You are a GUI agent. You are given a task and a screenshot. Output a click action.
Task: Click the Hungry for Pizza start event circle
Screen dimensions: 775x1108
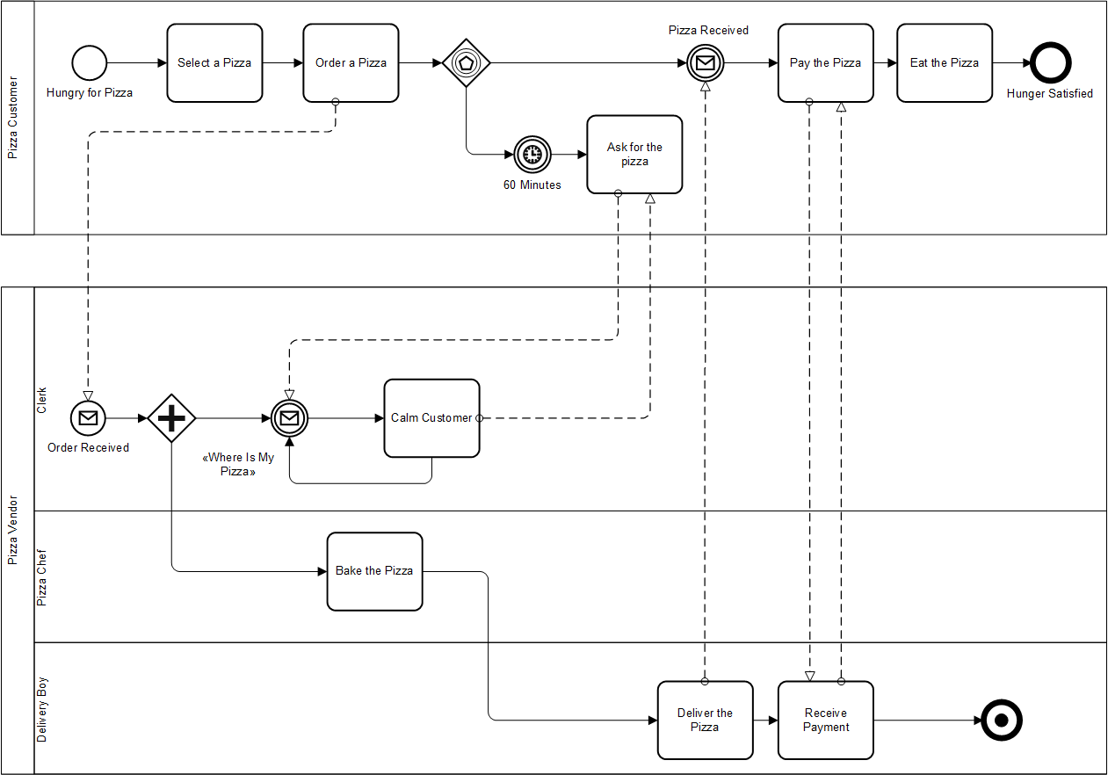click(x=89, y=63)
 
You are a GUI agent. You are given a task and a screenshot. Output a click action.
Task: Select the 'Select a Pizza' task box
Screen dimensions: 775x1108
click(x=214, y=63)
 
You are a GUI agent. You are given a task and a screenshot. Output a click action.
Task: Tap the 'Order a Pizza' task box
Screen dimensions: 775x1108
click(x=351, y=63)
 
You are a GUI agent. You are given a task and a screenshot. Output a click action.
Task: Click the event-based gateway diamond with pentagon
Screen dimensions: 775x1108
click(x=466, y=63)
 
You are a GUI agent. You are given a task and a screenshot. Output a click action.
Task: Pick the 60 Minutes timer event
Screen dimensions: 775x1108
click(x=532, y=155)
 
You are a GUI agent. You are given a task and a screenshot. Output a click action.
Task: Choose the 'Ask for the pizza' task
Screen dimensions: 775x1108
click(x=634, y=155)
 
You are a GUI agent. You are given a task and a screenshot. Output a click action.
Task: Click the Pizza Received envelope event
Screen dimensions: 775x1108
click(x=705, y=63)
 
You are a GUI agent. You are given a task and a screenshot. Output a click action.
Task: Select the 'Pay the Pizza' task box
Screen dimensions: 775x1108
click(x=825, y=63)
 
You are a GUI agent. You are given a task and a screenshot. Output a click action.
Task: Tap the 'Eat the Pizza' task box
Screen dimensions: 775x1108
click(x=945, y=63)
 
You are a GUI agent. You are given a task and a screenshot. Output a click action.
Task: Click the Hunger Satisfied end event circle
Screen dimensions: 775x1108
click(x=1050, y=63)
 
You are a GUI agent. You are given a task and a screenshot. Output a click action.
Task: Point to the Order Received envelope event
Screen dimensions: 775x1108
click(x=88, y=418)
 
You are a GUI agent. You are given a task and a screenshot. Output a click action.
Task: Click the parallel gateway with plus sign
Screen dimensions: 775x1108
click(x=170, y=418)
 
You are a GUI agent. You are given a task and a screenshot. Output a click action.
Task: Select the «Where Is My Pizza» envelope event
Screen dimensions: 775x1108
click(x=289, y=418)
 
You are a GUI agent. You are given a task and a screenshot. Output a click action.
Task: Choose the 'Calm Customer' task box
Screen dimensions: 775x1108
click(x=431, y=418)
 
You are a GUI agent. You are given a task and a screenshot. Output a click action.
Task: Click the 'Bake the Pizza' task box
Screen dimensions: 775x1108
click(x=374, y=571)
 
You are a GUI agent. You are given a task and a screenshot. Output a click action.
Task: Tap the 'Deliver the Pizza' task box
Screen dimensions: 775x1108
click(x=705, y=721)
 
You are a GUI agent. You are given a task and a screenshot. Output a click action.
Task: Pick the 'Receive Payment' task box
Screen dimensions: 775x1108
click(x=825, y=721)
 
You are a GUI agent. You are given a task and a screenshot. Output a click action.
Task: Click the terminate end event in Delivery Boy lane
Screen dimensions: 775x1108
click(x=1001, y=721)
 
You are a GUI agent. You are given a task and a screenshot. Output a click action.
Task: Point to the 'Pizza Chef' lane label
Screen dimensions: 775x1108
click(x=41, y=578)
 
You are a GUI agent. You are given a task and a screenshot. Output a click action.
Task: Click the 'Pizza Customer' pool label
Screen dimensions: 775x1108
click(x=12, y=119)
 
